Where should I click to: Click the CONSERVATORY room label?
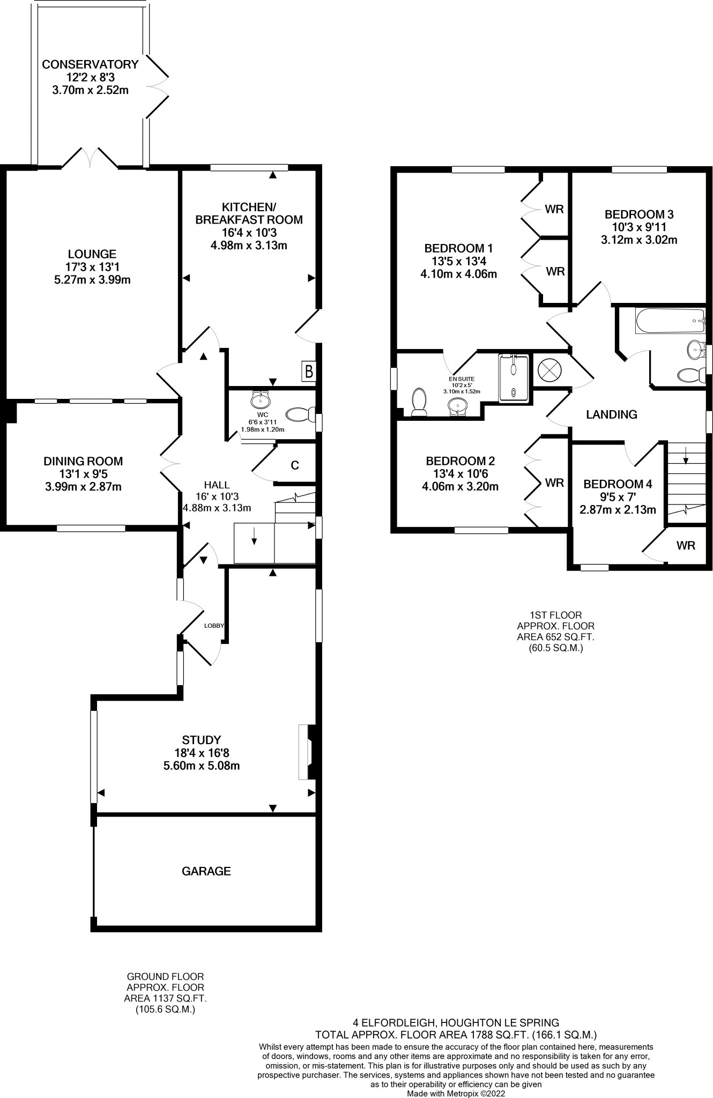point(90,64)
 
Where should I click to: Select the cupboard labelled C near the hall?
point(294,465)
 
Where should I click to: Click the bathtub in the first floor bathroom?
point(670,321)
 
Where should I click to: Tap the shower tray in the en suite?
point(514,378)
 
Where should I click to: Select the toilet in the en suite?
point(418,402)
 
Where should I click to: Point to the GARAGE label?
point(206,871)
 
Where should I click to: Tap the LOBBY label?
point(214,626)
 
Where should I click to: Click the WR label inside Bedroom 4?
point(686,546)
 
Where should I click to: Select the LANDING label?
point(611,414)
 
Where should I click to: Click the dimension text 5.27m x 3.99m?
point(92,280)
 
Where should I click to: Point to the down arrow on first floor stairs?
point(685,457)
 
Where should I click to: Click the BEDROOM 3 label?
point(639,214)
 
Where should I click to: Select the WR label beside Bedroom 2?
point(554,483)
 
